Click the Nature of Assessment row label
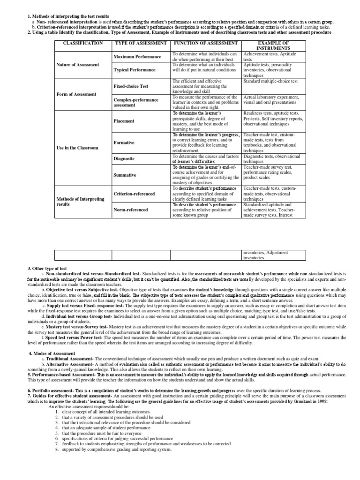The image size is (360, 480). pos(77,64)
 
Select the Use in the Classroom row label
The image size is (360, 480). pos(77,148)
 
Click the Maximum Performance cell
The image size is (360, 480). pos(137,57)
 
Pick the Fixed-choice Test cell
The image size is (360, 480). pos(131,87)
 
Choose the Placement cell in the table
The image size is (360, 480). pos(124,121)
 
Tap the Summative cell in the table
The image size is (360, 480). pos(125,175)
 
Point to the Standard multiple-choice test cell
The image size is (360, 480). pos(270,81)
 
